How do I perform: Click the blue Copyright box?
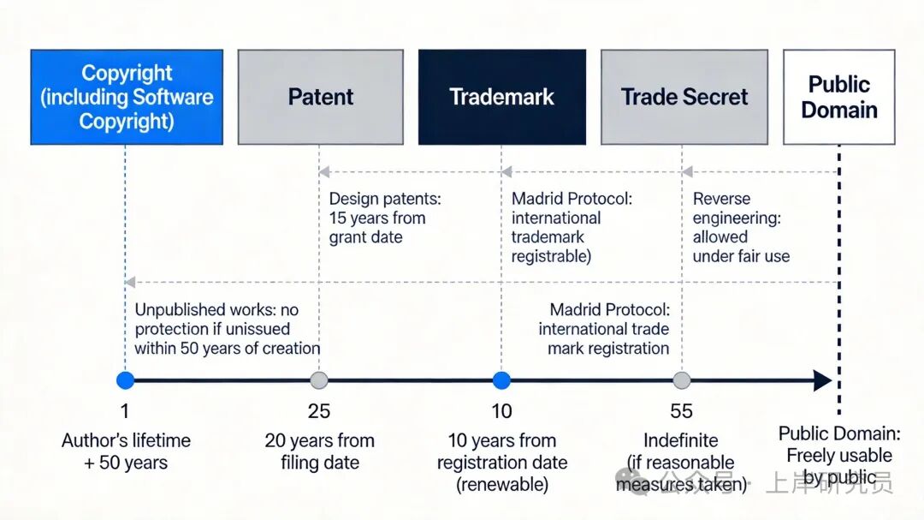127,97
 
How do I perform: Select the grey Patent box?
320,97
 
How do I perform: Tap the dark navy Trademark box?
502,97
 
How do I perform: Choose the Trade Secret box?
684,97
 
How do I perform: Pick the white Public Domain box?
838,97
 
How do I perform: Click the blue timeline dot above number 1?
126,380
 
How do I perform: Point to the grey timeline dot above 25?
319,380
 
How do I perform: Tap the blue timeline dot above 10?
502,380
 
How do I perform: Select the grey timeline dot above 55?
682,380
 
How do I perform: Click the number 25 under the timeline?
319,411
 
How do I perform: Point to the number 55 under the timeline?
682,411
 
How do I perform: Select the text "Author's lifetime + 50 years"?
126,451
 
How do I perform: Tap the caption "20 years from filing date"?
319,451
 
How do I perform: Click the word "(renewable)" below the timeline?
502,484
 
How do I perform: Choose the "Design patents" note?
385,218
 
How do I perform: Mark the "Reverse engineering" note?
741,227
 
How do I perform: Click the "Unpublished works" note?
227,329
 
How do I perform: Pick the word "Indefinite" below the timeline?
681,440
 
